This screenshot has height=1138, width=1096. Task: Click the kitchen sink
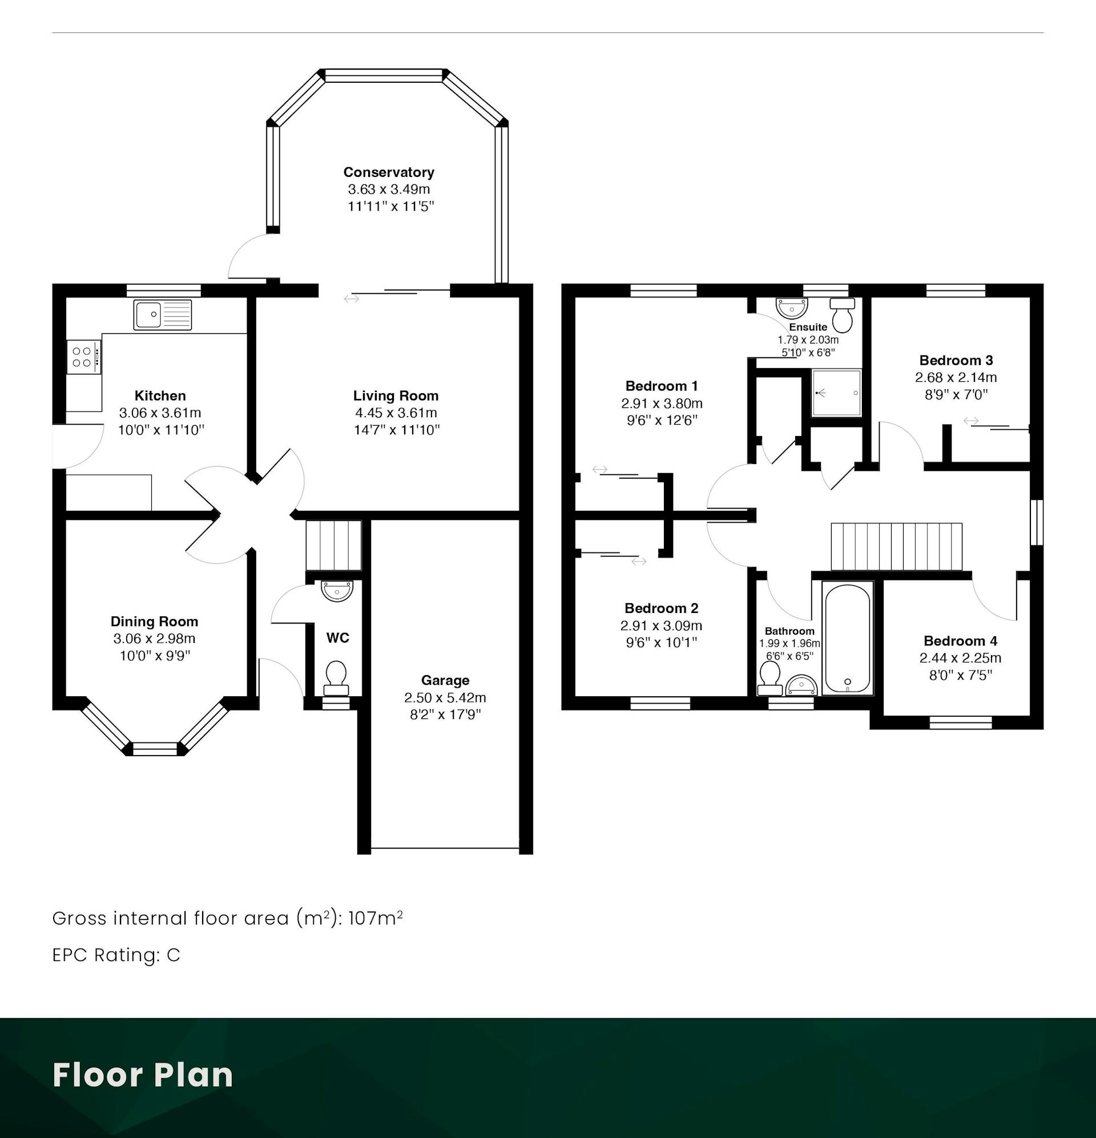pos(162,315)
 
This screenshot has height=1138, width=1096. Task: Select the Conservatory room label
pos(389,172)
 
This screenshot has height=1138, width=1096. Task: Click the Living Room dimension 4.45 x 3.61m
pos(396,413)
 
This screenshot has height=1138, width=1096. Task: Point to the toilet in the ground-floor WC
pos(336,678)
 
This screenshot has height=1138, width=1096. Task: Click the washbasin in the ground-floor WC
pos(337,591)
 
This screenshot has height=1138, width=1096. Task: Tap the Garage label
pos(445,680)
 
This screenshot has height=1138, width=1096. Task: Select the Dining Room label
pos(155,622)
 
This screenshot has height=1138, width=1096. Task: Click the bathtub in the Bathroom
pos(848,638)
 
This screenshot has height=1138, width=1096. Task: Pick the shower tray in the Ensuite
pos(837,393)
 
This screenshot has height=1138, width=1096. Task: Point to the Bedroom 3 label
pos(956,361)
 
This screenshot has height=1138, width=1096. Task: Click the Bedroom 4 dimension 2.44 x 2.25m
pos(960,659)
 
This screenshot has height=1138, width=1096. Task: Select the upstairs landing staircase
pos(896,547)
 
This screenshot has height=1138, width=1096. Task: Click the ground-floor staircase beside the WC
pos(334,546)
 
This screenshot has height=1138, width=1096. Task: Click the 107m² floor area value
pos(376,918)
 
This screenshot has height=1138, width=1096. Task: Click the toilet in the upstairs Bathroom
pos(770,678)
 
